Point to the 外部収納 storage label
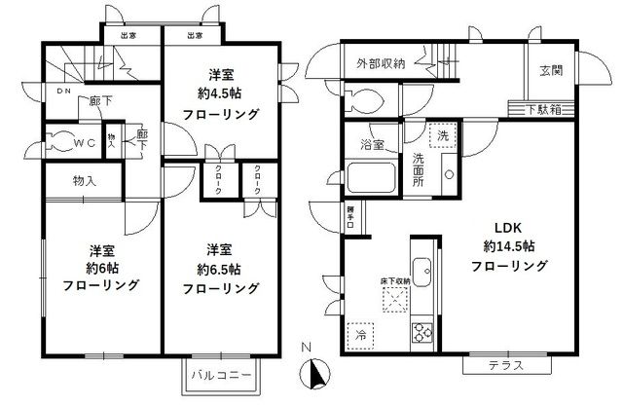tap(381, 64)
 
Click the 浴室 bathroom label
tap(371, 145)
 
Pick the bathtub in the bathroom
tap(370, 179)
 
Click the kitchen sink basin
tap(422, 270)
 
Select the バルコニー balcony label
tap(221, 376)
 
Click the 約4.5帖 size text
tap(226, 94)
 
